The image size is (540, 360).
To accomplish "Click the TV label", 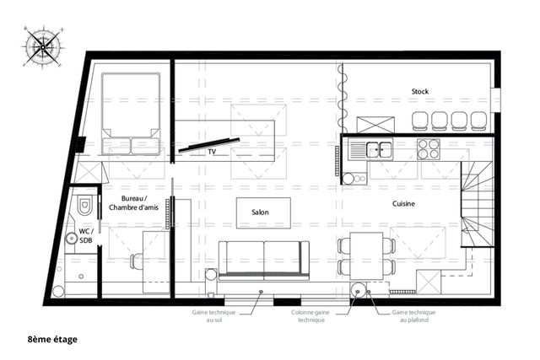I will tap(213, 153).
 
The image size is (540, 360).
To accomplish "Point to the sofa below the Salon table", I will tap(263, 259).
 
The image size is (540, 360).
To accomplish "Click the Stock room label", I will tap(420, 91).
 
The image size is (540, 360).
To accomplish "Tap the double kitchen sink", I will tap(371, 150).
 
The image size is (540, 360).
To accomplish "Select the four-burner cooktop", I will tap(429, 149).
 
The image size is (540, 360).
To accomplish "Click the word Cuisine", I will tap(408, 204).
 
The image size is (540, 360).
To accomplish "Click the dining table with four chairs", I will tap(366, 255).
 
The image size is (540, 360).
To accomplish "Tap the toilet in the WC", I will tap(85, 206).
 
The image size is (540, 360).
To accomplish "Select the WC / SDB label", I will tap(85, 235).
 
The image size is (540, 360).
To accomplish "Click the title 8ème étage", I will tap(52, 339).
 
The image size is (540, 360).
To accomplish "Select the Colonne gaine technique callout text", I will tap(310, 316).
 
